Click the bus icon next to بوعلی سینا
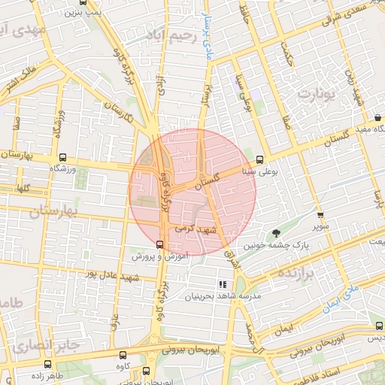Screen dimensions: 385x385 coord(259,159)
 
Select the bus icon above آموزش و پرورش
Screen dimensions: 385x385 coord(159,244)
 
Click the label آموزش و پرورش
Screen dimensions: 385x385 coord(159,256)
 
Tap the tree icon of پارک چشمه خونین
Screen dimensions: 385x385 coord(276,233)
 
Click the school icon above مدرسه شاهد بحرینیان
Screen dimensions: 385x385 coord(222,284)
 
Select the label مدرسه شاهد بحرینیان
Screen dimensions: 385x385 coord(223,297)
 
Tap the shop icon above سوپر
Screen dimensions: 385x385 coord(324,216)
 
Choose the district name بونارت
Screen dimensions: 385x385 coord(315,94)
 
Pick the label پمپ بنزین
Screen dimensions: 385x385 coord(82,12)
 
